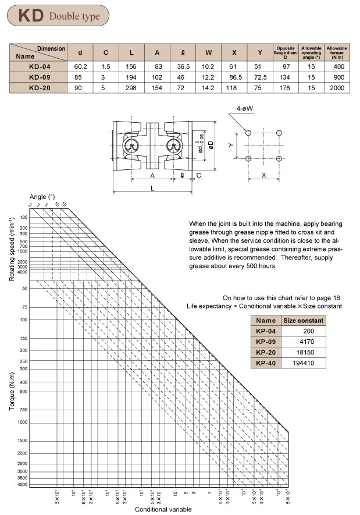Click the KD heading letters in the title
coord(31,15)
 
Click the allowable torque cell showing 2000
coord(337,88)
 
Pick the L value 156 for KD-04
coord(131,66)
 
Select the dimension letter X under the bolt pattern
coord(263,175)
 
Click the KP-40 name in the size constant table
coord(265,363)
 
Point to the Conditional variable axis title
coord(163,509)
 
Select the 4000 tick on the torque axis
coord(23,484)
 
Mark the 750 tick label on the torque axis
coord(24,410)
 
